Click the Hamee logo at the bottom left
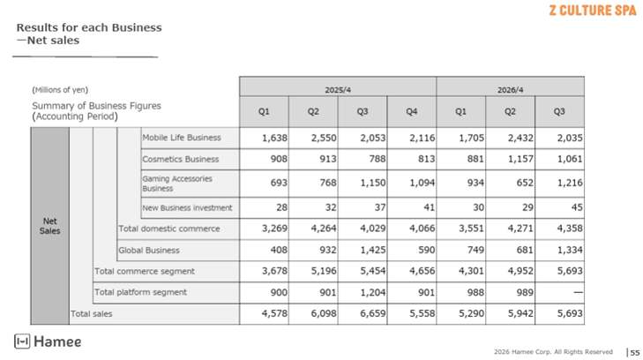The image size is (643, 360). pos(48,341)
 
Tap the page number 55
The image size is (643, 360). pos(634,352)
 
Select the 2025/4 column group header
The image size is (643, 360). pos(337,89)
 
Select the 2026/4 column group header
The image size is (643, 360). pos(509,89)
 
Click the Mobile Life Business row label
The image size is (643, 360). pos(182,138)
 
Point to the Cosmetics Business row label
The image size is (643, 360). pos(181,160)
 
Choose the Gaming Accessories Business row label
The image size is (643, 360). pos(176,183)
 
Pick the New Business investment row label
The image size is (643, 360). pos(187,207)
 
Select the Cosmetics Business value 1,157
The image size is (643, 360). pos(509,160)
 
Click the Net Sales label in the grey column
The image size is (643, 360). pos(49,226)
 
